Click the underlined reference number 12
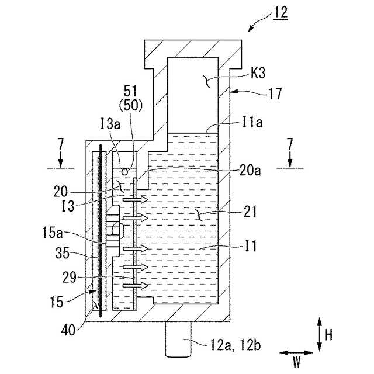(280, 13)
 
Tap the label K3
(258, 72)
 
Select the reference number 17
(275, 93)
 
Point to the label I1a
(252, 122)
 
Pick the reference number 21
(250, 211)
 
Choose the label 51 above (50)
(130, 91)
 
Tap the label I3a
(110, 124)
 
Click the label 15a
(53, 233)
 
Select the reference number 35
(63, 253)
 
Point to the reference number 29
(69, 278)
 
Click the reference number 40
(68, 330)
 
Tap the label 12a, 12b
(236, 345)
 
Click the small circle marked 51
(124, 171)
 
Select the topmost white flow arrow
(136, 199)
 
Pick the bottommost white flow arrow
(136, 285)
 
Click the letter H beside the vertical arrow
(328, 335)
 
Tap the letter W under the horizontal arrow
(296, 362)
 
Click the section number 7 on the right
(290, 144)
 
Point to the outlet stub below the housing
(178, 339)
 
